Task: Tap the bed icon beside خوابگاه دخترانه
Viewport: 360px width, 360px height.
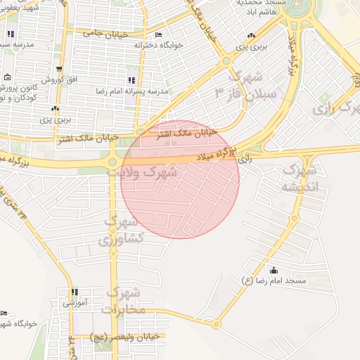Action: click(x=158, y=34)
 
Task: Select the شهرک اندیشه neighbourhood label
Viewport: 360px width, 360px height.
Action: click(x=300, y=179)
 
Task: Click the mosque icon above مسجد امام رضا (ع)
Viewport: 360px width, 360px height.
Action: click(x=274, y=270)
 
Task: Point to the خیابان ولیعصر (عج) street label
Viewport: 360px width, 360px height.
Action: click(x=127, y=337)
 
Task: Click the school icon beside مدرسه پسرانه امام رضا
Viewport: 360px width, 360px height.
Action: click(x=131, y=80)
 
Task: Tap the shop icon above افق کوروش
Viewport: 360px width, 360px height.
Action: click(x=60, y=69)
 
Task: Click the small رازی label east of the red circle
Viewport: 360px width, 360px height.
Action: click(x=245, y=160)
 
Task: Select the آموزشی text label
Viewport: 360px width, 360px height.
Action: click(x=75, y=304)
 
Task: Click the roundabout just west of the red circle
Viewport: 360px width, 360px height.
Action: click(x=112, y=163)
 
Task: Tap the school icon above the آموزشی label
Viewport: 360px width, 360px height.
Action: click(x=75, y=292)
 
